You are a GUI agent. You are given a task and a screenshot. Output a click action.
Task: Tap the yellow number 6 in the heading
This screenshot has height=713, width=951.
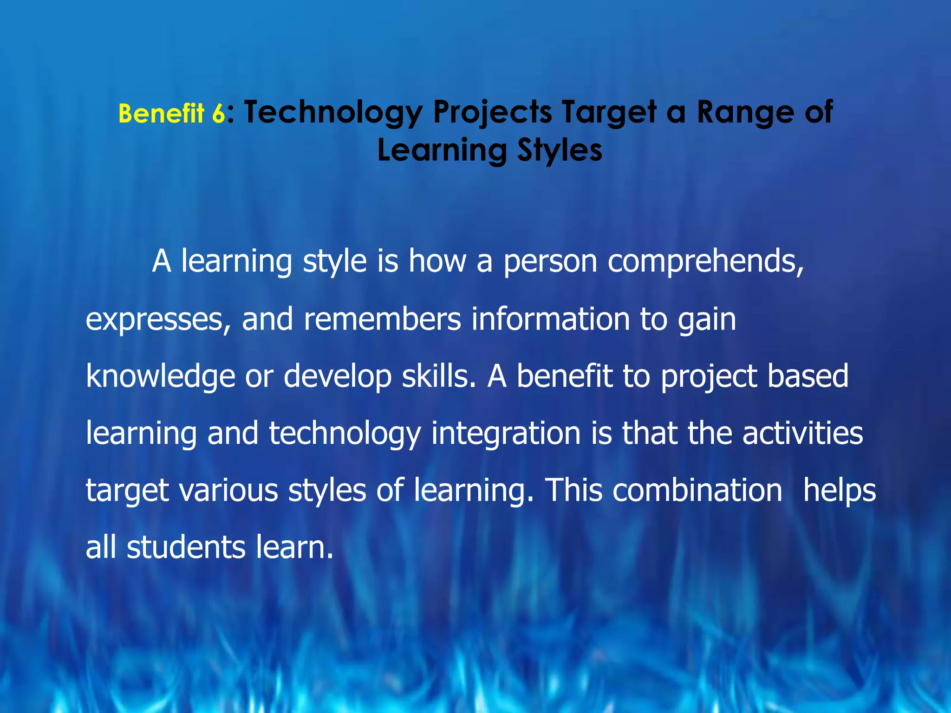pos(219,114)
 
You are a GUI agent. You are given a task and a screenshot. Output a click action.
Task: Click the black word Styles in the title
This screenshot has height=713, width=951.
pos(560,151)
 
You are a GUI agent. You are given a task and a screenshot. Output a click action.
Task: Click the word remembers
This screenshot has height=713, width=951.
pos(382,319)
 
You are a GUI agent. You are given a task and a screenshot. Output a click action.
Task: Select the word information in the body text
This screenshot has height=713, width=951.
pos(550,319)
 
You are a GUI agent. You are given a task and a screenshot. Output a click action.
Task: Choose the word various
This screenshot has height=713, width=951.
pos(228,491)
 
